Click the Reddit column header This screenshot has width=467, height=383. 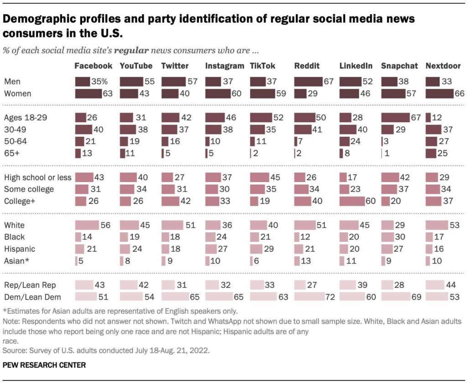[307, 66]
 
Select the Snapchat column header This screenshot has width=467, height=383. [400, 66]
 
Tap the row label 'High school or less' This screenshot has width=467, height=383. [38, 177]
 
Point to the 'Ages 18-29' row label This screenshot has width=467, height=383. [26, 118]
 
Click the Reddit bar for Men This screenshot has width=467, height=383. [308, 82]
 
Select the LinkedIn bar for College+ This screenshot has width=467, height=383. [352, 202]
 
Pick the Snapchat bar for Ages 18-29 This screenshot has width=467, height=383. [395, 118]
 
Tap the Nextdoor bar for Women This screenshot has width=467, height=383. [440, 93]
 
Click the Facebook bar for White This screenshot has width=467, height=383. [87, 225]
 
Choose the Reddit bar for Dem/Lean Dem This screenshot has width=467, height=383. [310, 297]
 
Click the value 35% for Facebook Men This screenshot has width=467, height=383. [99, 82]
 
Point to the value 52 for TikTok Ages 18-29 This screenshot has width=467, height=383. [279, 118]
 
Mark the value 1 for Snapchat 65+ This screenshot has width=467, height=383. [387, 153]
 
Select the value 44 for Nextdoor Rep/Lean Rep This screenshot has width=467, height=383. [451, 285]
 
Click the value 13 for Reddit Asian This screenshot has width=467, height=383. [306, 261]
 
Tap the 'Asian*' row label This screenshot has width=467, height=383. [17, 261]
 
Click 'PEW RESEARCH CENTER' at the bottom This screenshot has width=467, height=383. [44, 365]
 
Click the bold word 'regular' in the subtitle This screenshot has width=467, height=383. [131, 50]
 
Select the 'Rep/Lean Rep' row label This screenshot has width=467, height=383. [30, 285]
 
